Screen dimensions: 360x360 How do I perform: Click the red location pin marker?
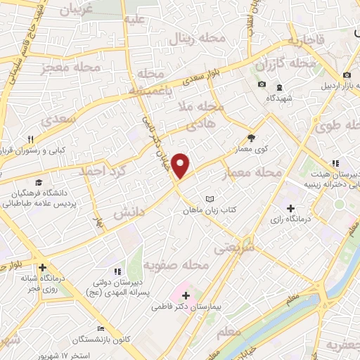181,165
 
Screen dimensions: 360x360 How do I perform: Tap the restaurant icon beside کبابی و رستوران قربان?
30,139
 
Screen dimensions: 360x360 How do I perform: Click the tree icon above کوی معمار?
252,138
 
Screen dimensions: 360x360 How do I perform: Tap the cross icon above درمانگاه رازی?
291,208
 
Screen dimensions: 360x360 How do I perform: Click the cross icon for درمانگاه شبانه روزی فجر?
43,268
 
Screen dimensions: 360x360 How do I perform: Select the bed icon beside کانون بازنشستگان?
102,329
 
